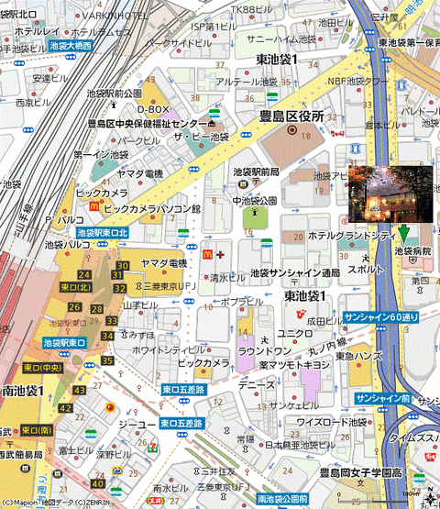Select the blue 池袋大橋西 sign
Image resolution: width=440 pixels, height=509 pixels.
click(71, 44)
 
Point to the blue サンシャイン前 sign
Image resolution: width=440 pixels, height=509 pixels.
click(382, 397)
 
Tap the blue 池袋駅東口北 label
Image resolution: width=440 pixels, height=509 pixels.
click(103, 234)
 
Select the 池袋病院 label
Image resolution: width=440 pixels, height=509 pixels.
click(412, 250)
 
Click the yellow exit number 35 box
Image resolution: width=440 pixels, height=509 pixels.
click(106, 360)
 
